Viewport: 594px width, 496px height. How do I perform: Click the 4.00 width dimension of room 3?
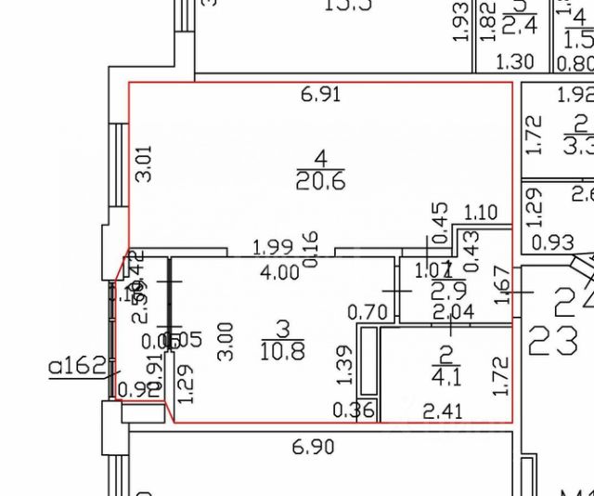click(278, 273)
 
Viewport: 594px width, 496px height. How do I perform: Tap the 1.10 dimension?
click(480, 212)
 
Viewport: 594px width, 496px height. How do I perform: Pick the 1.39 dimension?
click(343, 364)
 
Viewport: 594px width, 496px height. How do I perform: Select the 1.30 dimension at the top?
click(516, 63)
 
